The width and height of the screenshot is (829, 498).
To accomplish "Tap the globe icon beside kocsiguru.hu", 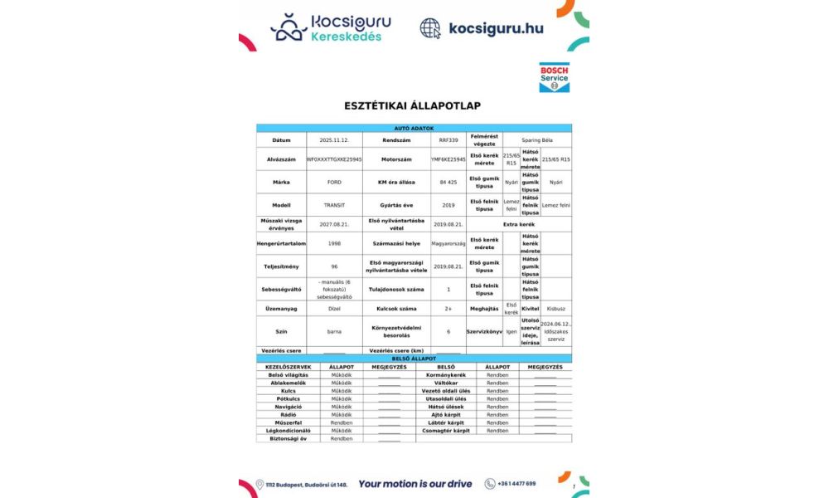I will pos(430,28).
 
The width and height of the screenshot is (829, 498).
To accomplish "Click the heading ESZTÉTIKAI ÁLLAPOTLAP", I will pos(413,105).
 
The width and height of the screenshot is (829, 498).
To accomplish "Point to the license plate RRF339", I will pos(448,140).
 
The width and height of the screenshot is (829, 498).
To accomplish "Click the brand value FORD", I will pos(333,182).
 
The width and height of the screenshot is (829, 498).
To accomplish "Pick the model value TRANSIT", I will pos(333,205).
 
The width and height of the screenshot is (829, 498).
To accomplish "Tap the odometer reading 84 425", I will pos(448,182).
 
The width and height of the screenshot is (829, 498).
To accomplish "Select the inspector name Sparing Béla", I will pos(538,140).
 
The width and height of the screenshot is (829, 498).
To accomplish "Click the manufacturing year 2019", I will pos(448,205).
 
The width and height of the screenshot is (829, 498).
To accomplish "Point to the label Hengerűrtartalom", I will pos(281,243).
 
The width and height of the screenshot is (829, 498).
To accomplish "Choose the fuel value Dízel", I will pos(333,309).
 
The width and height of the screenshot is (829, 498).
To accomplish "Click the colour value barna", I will pos(333,331).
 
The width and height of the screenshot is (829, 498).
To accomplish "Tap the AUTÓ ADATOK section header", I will pos(413,128).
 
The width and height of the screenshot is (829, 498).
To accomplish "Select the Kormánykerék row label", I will pos(445,374).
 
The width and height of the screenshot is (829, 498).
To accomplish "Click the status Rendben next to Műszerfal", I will pos(342,422).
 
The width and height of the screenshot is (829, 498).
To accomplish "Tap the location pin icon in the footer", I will pos(259,484).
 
